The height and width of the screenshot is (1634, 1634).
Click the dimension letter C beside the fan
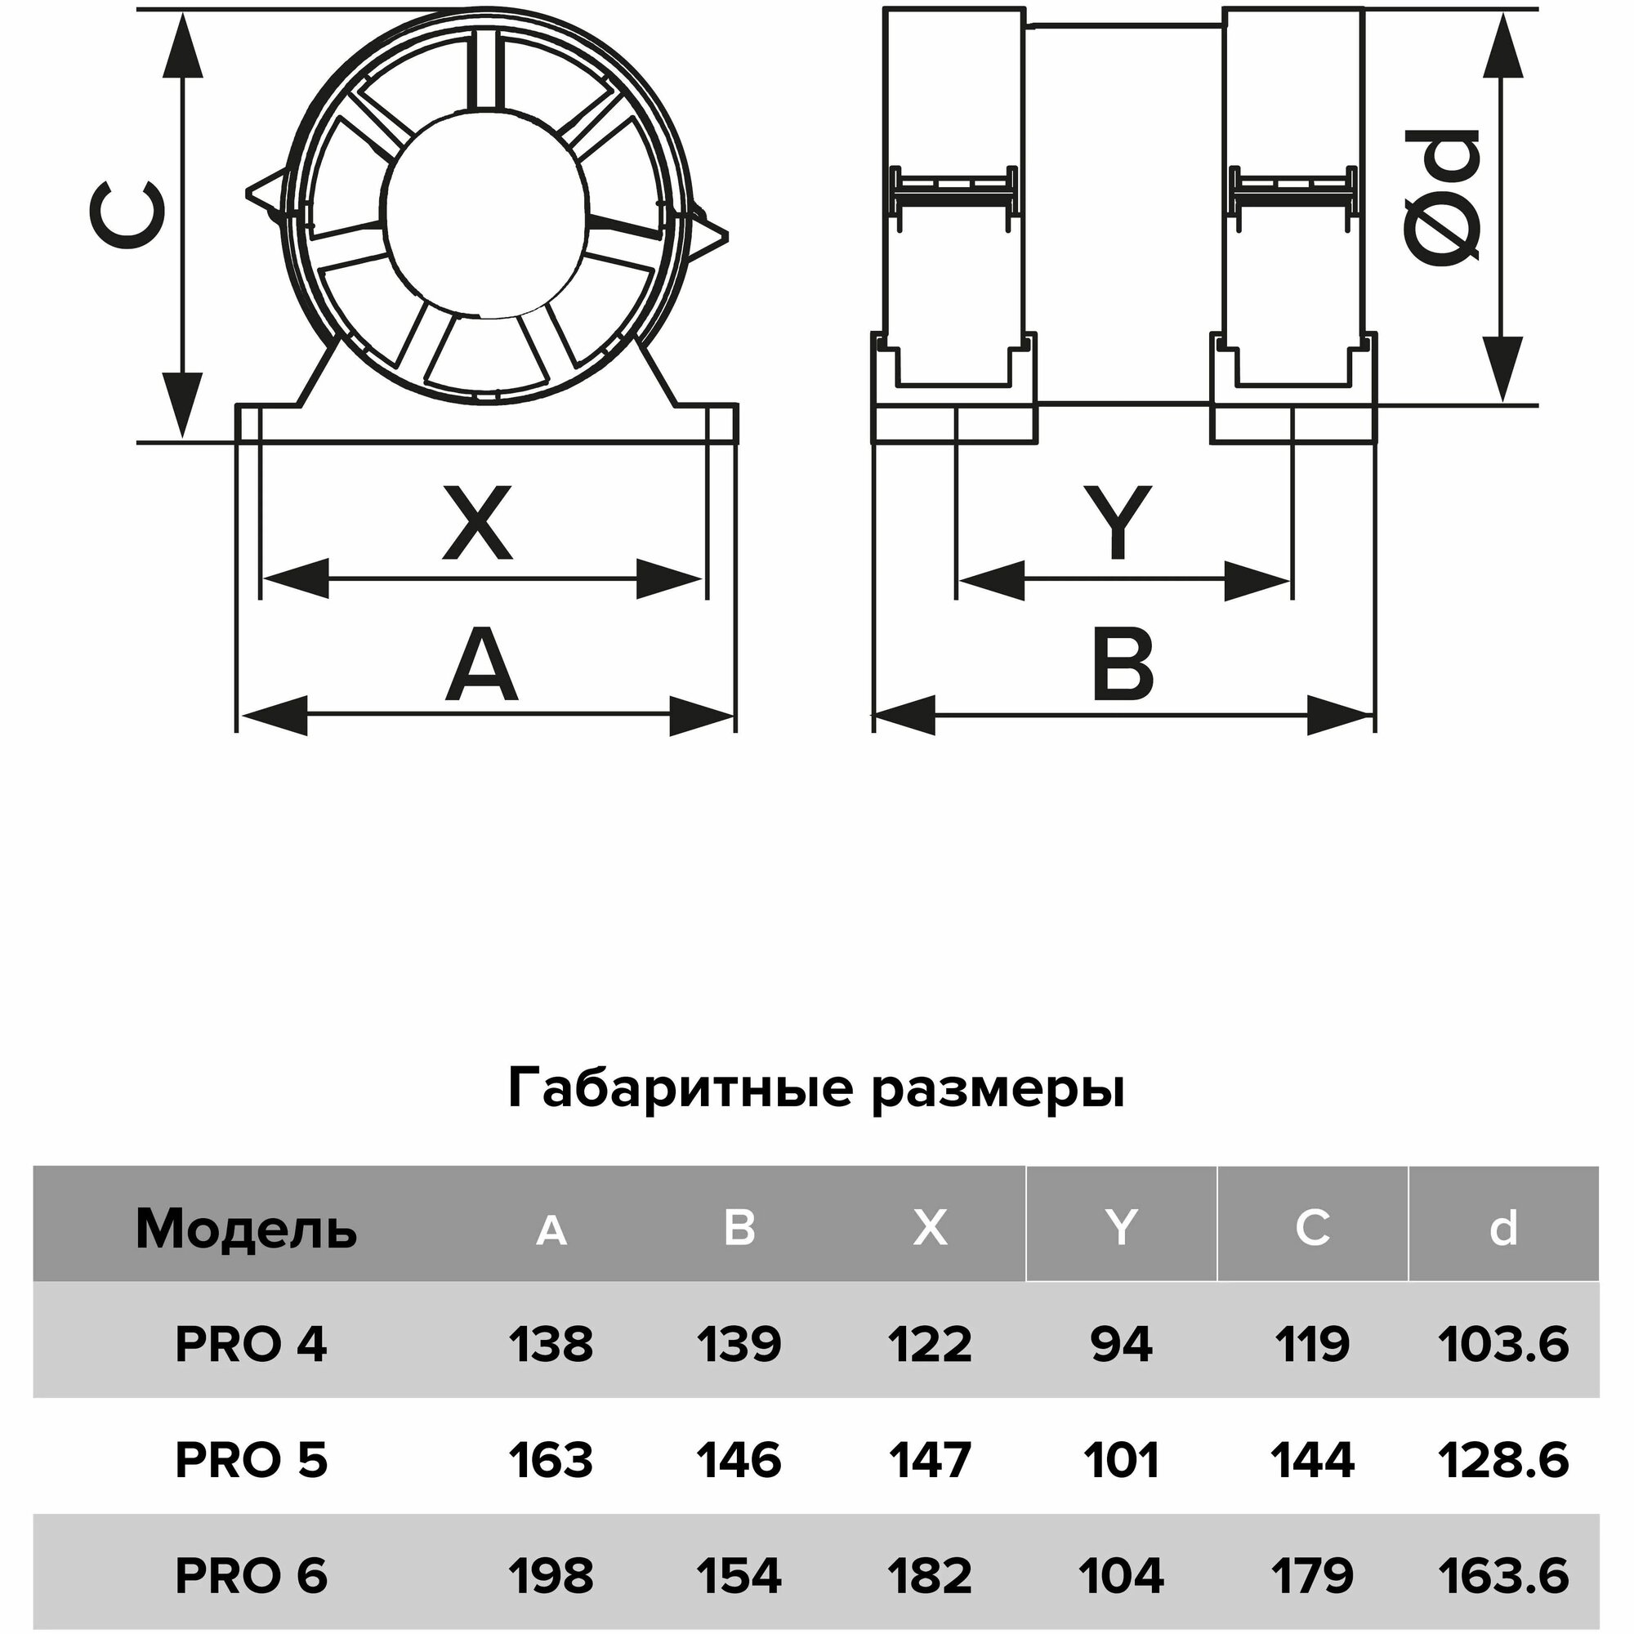[127, 216]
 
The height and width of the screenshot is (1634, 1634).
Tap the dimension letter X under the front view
[478, 523]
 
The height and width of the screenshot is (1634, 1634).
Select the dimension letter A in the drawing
[481, 666]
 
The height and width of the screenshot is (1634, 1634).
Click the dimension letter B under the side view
[1123, 665]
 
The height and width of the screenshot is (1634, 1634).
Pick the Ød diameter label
[1442, 198]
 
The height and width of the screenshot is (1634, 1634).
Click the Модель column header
[246, 1229]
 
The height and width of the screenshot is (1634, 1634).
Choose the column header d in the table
[1503, 1228]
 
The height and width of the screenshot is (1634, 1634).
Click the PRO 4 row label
[250, 1344]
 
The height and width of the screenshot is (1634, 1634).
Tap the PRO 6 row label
[250, 1575]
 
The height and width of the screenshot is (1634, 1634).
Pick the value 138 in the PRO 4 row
[551, 1344]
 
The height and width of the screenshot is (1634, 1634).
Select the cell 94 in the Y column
[1121, 1344]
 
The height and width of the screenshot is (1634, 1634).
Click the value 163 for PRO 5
[551, 1460]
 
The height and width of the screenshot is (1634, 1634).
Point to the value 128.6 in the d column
[1503, 1460]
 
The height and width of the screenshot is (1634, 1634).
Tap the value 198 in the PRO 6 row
[551, 1575]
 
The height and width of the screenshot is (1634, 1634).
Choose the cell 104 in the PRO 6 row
[1121, 1575]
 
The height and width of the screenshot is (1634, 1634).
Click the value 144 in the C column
[1312, 1460]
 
